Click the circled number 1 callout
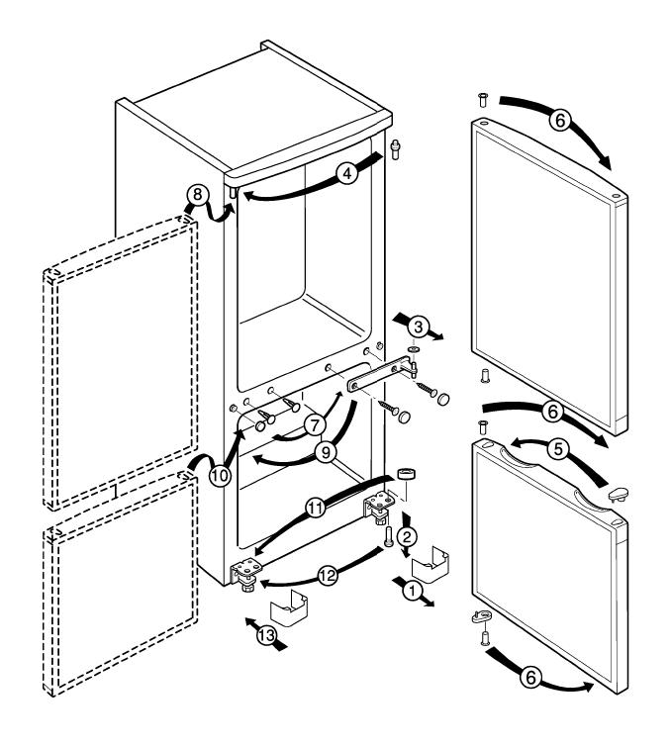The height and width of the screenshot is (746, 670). click(x=413, y=592)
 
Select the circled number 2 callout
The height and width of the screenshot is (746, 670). click(x=407, y=537)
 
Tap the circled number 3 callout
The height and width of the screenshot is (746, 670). click(x=419, y=327)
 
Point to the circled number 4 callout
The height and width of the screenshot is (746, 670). click(x=347, y=174)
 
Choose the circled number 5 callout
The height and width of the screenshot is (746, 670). click(x=558, y=448)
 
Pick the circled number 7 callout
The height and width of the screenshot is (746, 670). click(x=314, y=425)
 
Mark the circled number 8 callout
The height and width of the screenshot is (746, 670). click(x=198, y=195)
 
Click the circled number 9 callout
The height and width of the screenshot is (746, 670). click(x=326, y=452)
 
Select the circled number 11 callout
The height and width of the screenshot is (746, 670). click(x=316, y=509)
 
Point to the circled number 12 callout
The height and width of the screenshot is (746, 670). click(x=328, y=576)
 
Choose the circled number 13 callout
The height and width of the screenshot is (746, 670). click(x=267, y=635)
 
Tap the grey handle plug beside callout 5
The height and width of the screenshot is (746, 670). click(x=619, y=494)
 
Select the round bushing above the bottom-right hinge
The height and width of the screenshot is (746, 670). click(x=408, y=474)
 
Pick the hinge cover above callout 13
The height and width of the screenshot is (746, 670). click(x=289, y=607)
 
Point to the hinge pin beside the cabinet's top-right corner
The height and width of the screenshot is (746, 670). click(x=395, y=149)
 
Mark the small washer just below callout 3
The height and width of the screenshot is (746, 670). click(x=414, y=349)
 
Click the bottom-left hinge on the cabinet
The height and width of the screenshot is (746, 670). click(x=246, y=575)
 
